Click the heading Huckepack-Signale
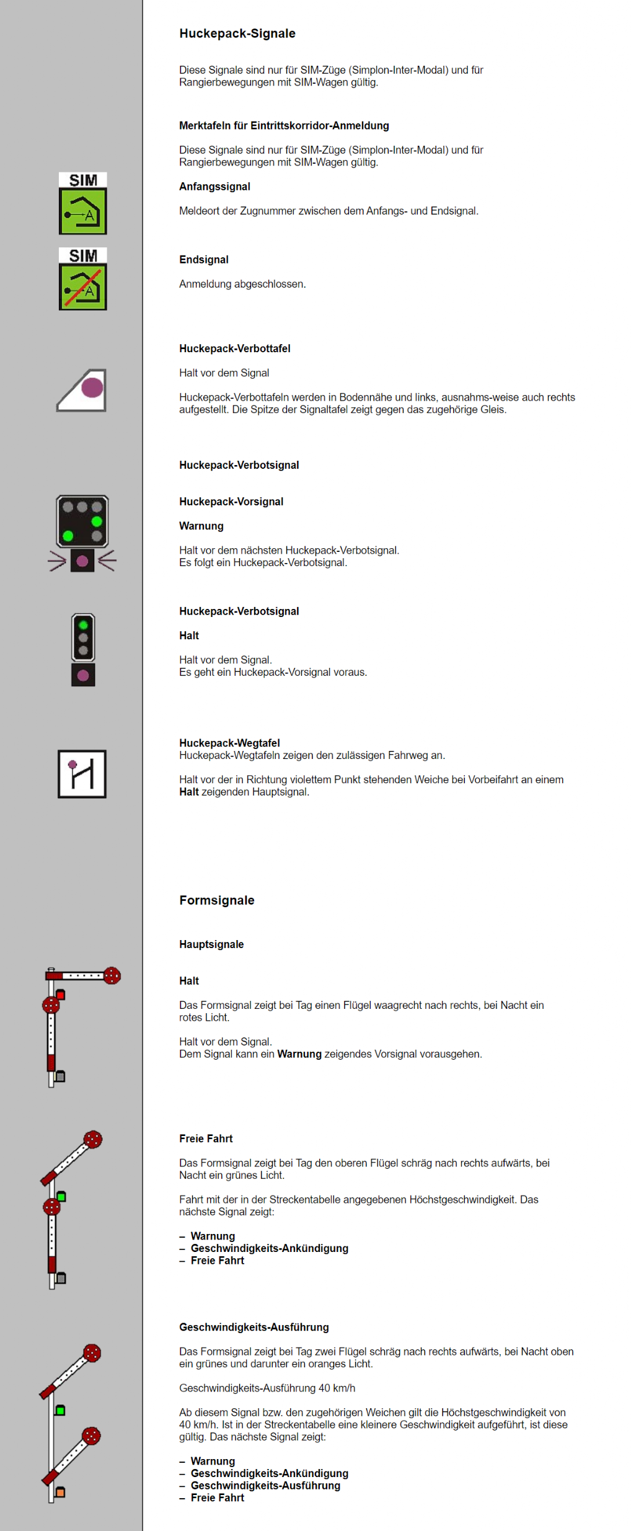point(237,33)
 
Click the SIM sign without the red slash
point(82,203)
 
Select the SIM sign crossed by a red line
point(82,279)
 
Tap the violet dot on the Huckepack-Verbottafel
point(92,388)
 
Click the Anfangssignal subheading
point(214,187)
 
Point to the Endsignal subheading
point(203,260)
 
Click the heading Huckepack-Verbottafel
point(234,348)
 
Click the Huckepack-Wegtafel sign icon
point(82,774)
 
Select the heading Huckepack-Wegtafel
point(229,743)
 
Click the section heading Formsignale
point(216,900)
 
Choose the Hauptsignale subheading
point(211,944)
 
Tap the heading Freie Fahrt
point(206,1138)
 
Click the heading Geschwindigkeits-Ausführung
point(254,1327)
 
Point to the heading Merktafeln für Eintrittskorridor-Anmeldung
point(284,126)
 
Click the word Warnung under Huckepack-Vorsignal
point(201,526)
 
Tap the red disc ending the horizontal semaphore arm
point(112,975)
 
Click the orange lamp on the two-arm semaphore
point(60,1492)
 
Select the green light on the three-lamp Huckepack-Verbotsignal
point(83,625)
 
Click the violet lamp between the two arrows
point(82,561)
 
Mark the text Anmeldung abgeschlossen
point(242,284)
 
